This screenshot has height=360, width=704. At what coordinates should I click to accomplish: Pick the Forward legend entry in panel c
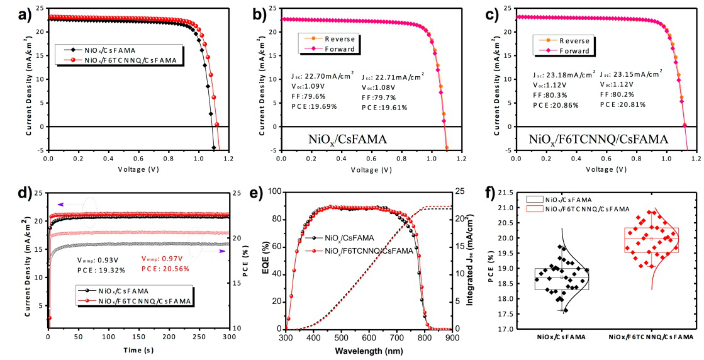[x=573, y=50]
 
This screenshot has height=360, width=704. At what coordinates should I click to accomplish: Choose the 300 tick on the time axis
[x=230, y=337]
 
